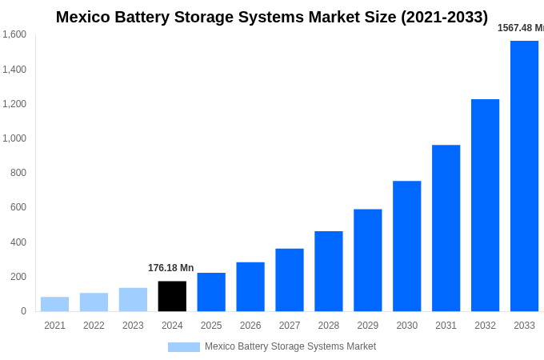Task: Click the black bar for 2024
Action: click(x=172, y=296)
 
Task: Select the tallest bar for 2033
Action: click(x=524, y=176)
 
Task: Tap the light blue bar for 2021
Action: click(x=54, y=304)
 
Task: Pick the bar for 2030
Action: click(x=406, y=246)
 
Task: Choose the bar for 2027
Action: click(x=290, y=280)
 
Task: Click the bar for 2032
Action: click(x=485, y=206)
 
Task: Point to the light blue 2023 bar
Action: click(x=133, y=299)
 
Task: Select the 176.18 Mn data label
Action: click(x=170, y=268)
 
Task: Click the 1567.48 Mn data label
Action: click(x=520, y=28)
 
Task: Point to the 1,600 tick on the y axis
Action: click(x=14, y=34)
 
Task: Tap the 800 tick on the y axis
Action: click(x=18, y=173)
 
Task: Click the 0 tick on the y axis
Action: click(x=23, y=311)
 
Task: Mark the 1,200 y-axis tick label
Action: click(x=14, y=104)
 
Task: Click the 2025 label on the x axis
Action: click(x=211, y=326)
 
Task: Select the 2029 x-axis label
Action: click(x=368, y=326)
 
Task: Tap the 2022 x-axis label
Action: click(x=94, y=326)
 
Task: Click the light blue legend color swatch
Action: click(x=183, y=347)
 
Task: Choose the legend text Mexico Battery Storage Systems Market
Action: click(x=290, y=346)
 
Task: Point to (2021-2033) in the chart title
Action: click(x=444, y=17)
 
